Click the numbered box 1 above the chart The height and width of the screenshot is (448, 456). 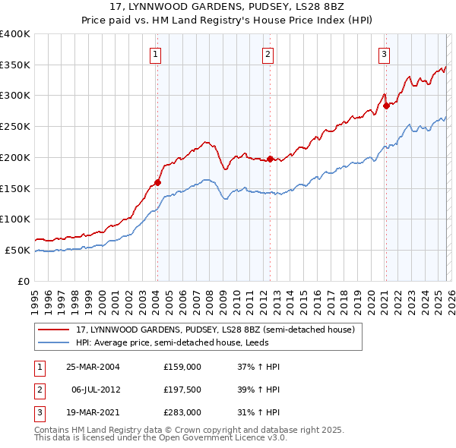pos(155,54)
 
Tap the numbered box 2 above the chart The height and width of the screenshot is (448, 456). pos(269,54)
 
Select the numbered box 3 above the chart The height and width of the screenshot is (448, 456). pos(385,54)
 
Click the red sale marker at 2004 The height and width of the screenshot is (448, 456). pos(158,182)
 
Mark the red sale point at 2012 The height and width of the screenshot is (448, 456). pos(270,159)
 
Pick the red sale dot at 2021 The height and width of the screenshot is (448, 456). pos(386,106)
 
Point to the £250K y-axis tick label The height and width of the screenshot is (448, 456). pos(15,126)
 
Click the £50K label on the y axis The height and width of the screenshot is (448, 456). pos(18,250)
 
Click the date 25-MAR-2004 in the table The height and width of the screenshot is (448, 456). pos(93,366)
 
